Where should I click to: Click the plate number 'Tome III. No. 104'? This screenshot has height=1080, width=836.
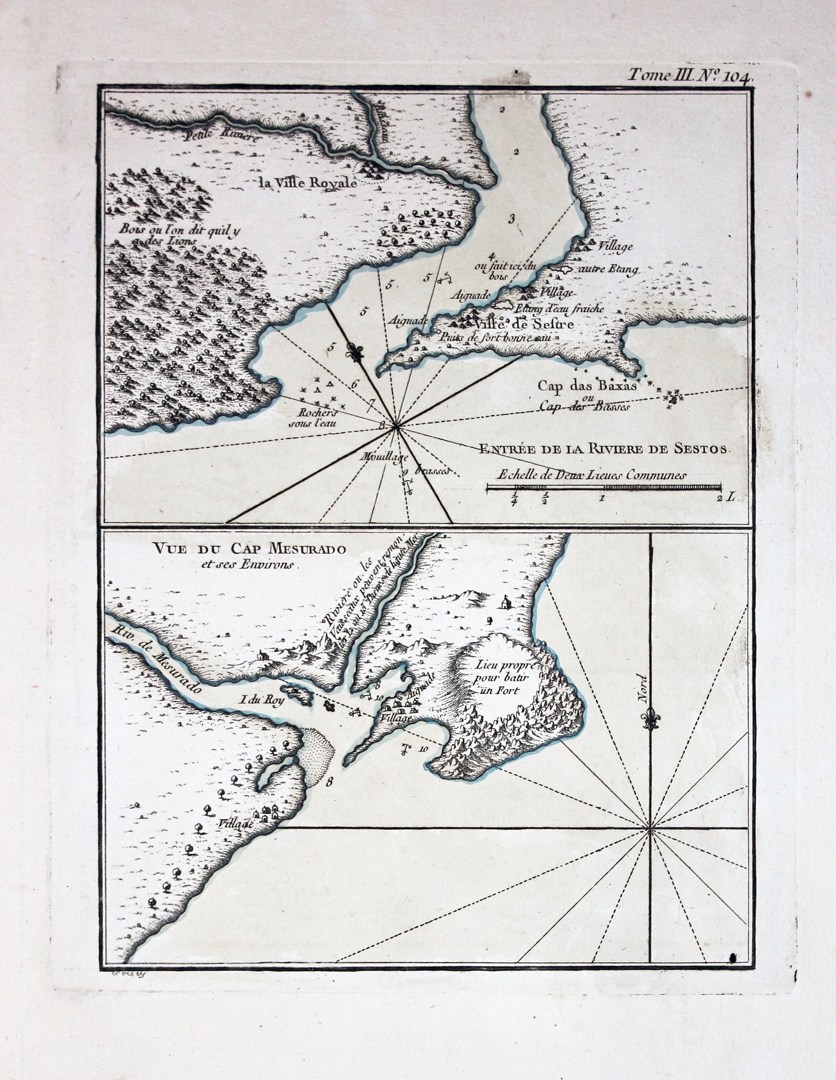tap(690, 76)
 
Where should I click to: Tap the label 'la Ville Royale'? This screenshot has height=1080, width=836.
tap(307, 183)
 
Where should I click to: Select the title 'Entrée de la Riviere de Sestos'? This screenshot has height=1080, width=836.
tap(604, 449)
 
